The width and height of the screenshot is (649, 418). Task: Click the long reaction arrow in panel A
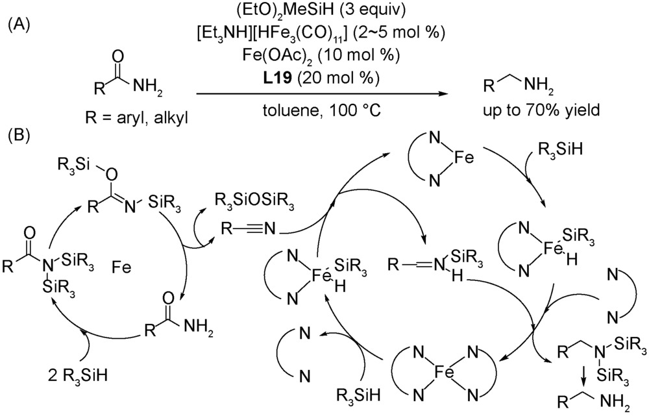(317, 95)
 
